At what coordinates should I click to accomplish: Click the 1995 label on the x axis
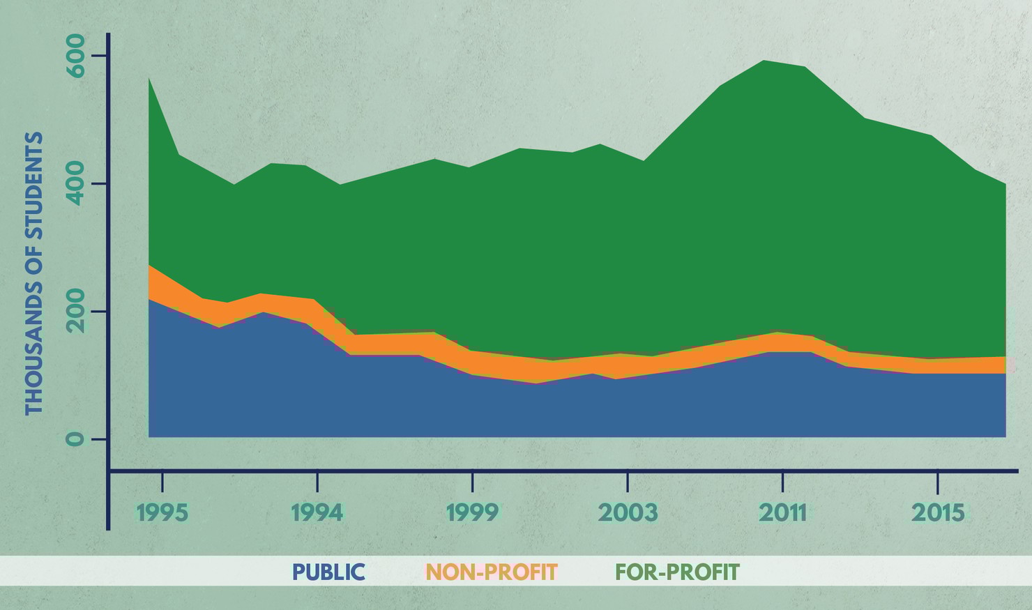162,512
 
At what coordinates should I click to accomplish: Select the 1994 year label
317,512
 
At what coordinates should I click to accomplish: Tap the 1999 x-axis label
472,512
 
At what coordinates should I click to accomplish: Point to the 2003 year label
628,512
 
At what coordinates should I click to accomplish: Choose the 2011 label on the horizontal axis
782,512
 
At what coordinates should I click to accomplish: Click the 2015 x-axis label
938,512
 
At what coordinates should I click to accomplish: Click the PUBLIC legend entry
328,572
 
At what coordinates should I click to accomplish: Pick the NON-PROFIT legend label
492,572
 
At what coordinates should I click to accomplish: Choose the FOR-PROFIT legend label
677,572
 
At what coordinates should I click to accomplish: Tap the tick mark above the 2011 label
782,481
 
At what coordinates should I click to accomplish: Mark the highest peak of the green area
764,61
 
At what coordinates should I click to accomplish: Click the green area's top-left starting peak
149,79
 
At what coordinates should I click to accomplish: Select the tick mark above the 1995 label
162,481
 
